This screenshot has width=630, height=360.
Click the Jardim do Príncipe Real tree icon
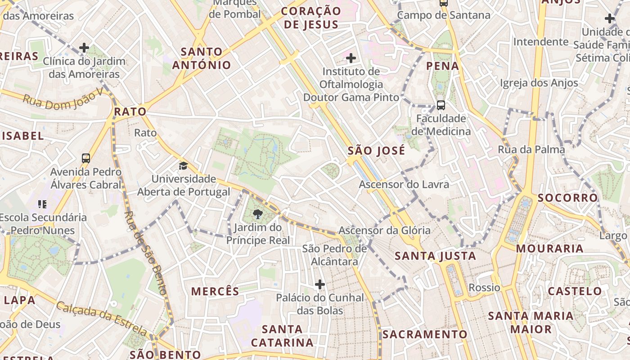coord(258,214)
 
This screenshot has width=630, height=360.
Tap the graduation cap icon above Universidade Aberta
coord(183,166)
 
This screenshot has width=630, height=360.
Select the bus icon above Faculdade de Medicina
coord(441,105)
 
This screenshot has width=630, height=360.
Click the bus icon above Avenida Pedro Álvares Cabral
coord(86,158)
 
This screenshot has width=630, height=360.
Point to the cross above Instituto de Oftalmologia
coord(351,58)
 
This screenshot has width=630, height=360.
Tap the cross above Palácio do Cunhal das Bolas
coord(320,284)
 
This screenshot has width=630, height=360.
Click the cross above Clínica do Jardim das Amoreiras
coord(84,48)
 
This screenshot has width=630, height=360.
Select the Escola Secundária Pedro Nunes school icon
coord(42,205)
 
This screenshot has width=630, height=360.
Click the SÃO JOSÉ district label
coord(376,150)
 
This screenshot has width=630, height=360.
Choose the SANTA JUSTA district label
coord(435,256)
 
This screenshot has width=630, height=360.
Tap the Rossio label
coord(484,288)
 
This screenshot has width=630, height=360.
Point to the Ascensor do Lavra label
coord(404,184)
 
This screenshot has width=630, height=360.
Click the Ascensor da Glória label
coord(384,230)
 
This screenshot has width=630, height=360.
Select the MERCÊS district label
coord(215,291)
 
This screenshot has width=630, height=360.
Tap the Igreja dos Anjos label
coord(539,83)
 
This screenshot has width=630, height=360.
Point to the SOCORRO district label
coord(567,198)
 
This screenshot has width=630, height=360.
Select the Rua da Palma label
coord(531,149)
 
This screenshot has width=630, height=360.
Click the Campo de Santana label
coord(443,15)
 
